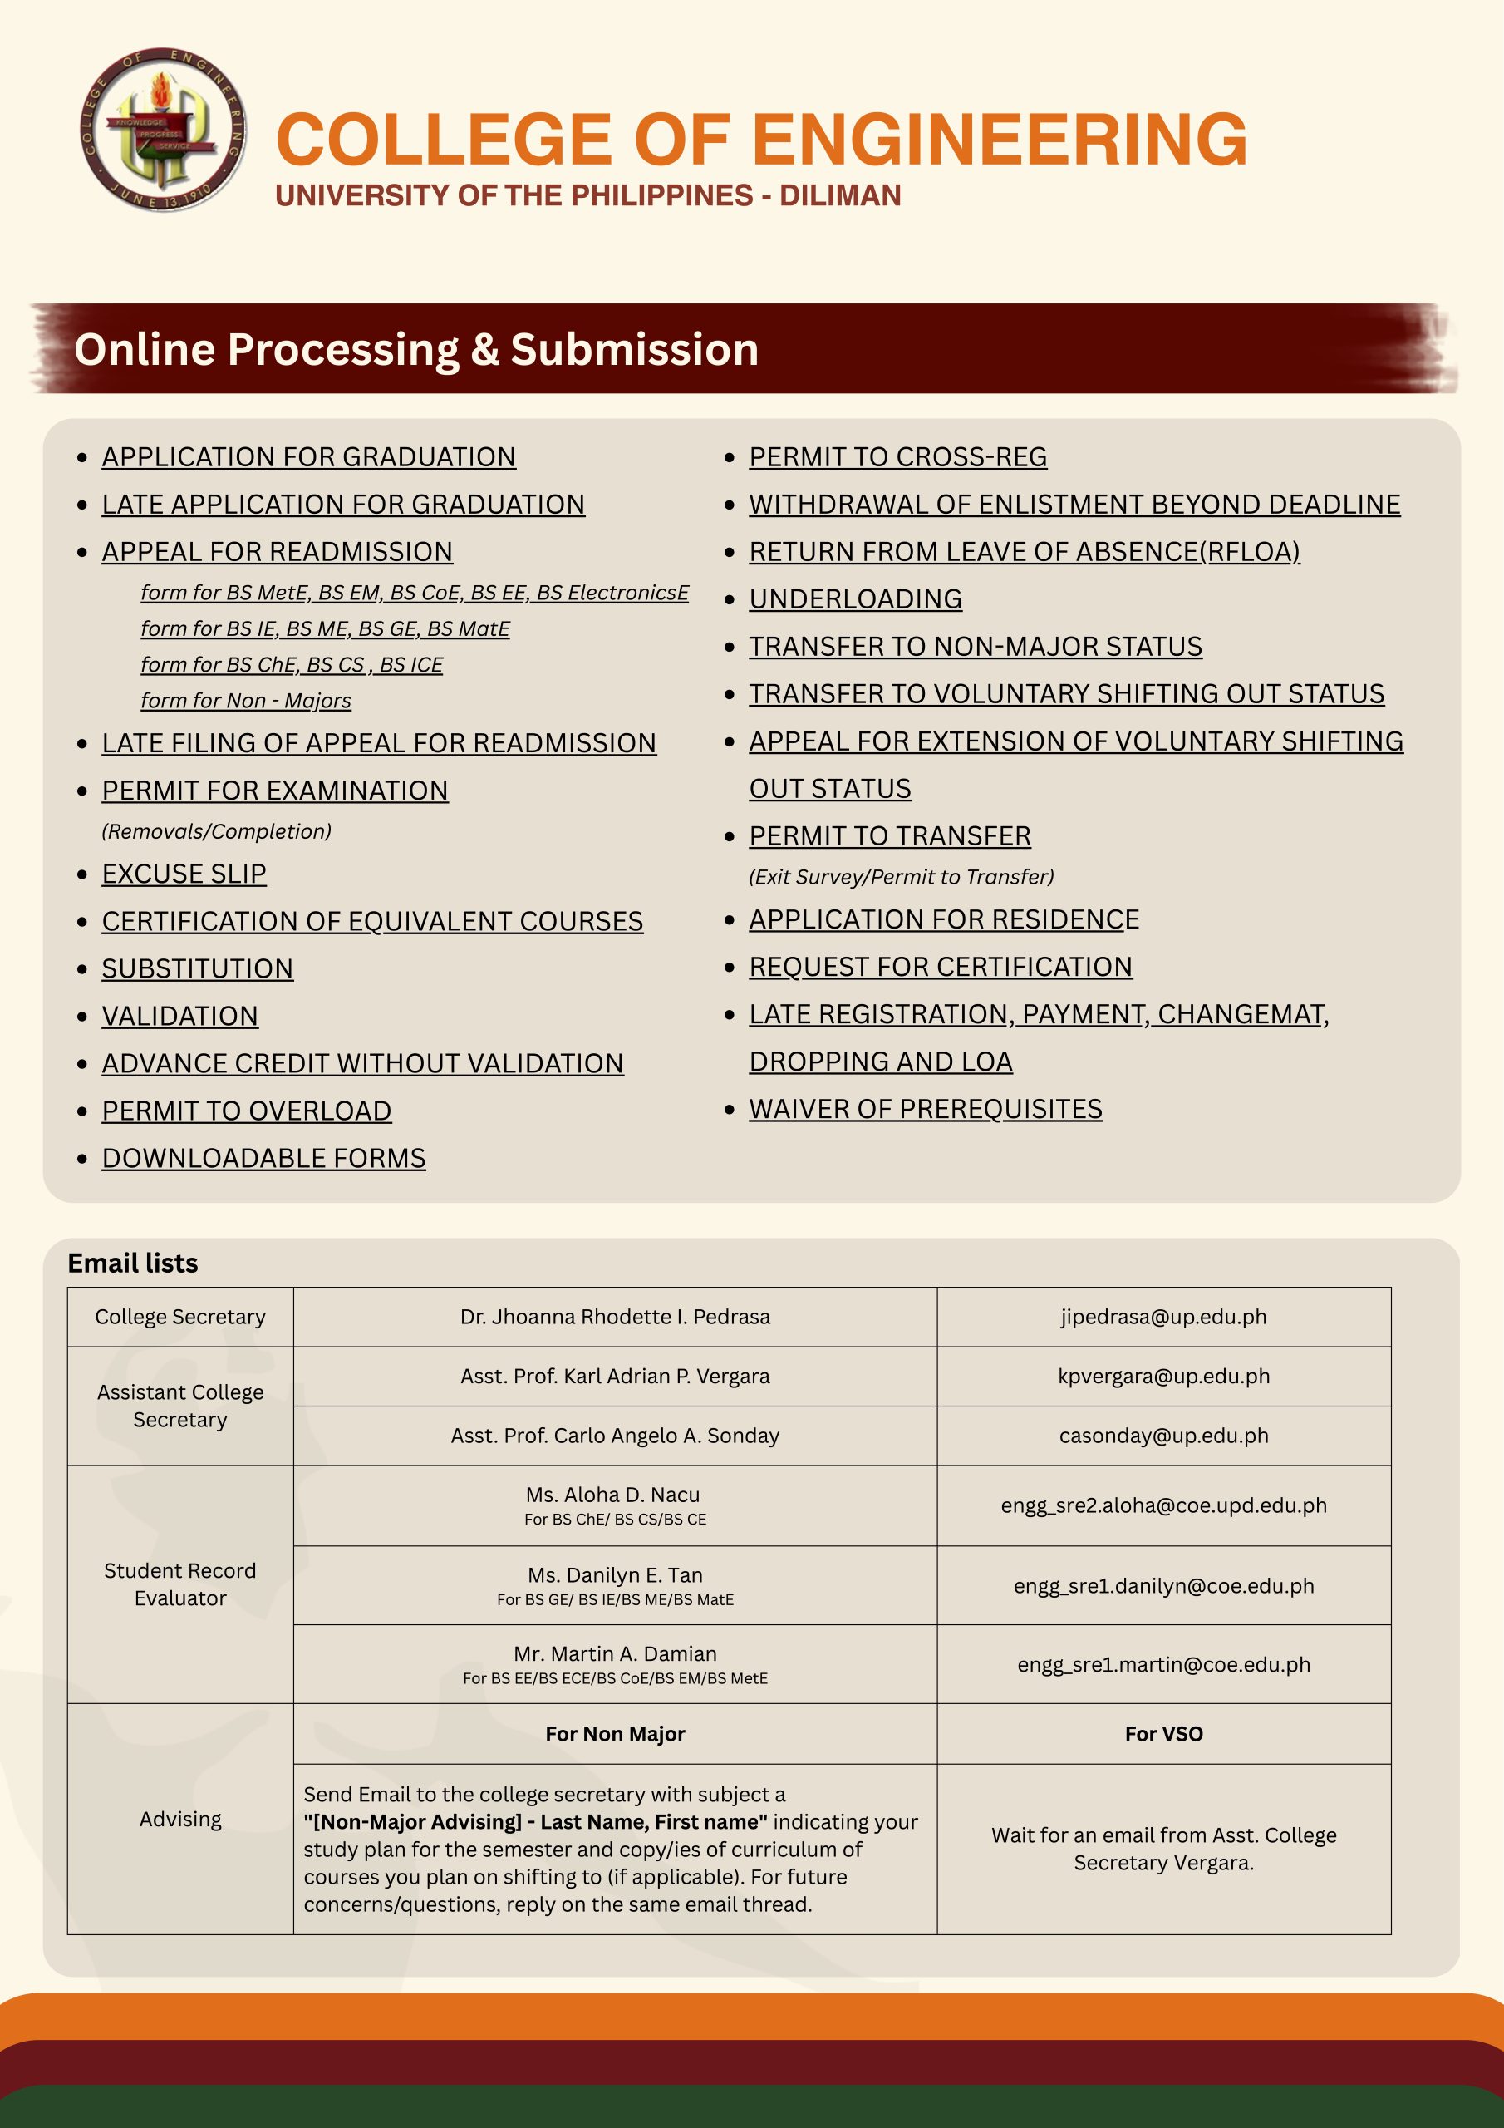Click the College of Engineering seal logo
[163, 129]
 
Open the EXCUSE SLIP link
[184, 874]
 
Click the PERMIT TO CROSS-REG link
[897, 457]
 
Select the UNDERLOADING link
[854, 598]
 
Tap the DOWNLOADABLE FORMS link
[263, 1159]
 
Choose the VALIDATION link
[179, 1017]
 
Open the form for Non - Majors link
[246, 701]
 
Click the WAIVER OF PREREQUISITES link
[925, 1110]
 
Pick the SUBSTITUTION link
[198, 969]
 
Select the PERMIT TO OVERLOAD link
[247, 1111]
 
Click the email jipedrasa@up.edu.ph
[1163, 1317]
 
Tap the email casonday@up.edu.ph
[1163, 1436]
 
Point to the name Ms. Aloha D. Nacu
[613, 1495]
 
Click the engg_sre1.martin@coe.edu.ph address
[1163, 1665]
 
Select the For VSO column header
[1163, 1734]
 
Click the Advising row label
[179, 1820]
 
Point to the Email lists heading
[132, 1263]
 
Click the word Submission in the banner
[634, 350]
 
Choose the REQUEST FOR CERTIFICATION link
[940, 967]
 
